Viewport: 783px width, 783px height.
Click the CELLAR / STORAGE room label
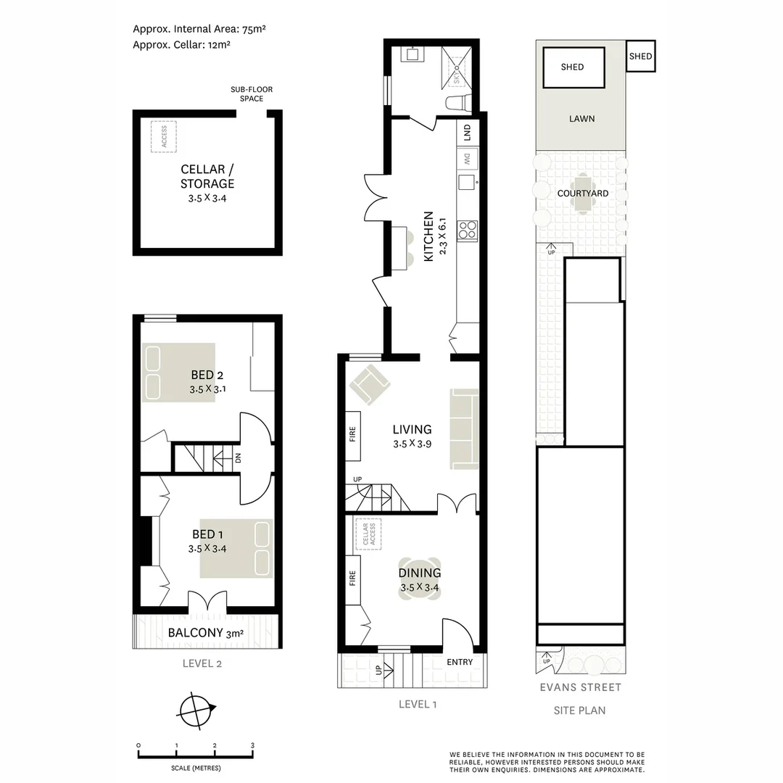click(207, 176)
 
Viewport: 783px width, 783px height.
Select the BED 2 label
click(207, 375)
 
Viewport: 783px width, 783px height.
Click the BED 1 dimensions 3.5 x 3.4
click(207, 549)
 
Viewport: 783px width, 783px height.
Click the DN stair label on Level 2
click(237, 458)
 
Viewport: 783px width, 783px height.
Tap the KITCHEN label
click(428, 236)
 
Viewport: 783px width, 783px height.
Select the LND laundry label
click(468, 133)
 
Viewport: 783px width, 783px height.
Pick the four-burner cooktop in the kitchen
click(468, 231)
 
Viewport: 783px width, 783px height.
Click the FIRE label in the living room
click(354, 436)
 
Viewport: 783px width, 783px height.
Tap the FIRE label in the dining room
click(354, 578)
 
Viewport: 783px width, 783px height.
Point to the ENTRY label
click(460, 662)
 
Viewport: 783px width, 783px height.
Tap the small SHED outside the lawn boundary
click(640, 56)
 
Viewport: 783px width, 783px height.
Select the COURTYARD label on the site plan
click(583, 194)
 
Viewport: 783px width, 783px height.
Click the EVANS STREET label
click(579, 687)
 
